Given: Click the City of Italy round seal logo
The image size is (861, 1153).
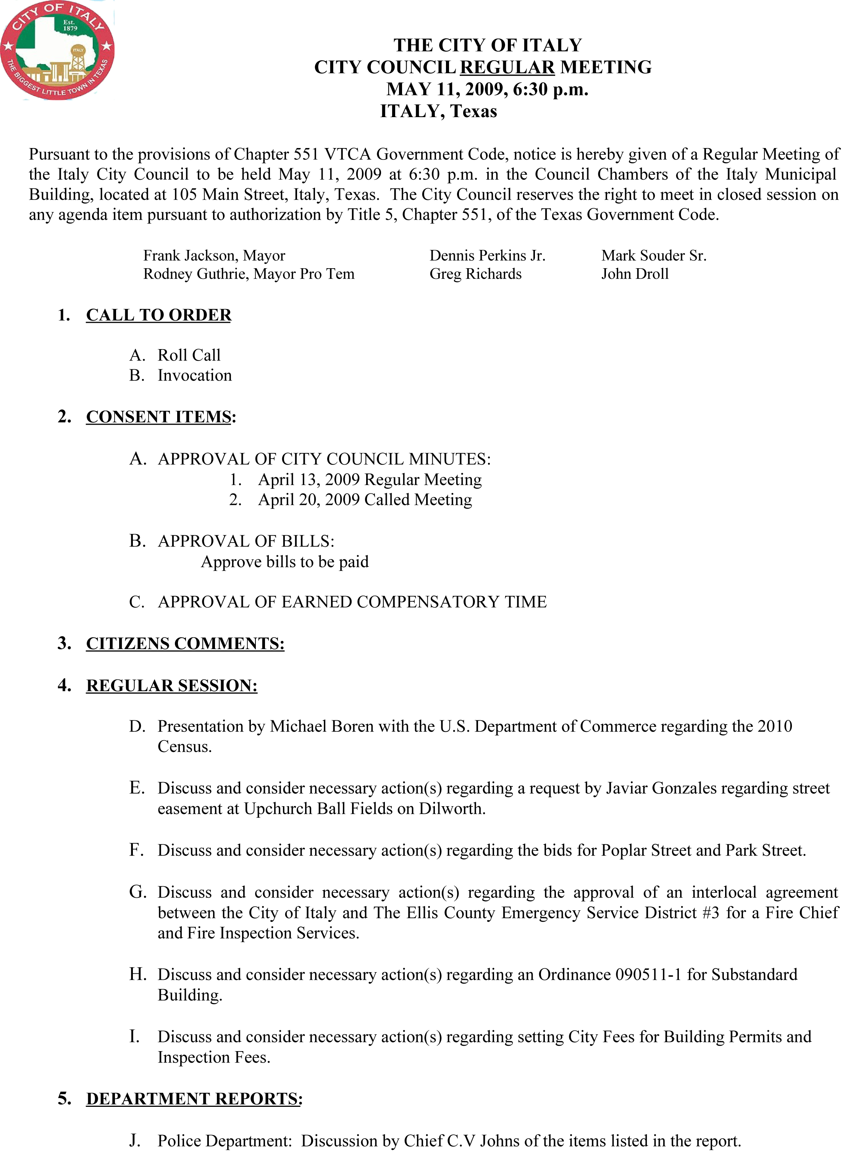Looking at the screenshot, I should tap(57, 50).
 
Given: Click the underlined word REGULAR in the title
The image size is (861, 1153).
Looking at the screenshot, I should tap(507, 67).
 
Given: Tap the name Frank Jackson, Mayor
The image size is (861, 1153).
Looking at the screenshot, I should tap(214, 255).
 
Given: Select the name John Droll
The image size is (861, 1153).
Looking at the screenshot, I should tap(635, 274).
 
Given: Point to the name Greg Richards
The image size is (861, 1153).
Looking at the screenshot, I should tap(475, 274).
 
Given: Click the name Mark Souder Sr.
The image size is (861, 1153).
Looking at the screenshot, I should tap(654, 255).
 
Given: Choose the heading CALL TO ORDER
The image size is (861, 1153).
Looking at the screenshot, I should tap(158, 315).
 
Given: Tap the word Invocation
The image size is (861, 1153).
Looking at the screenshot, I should tap(194, 375).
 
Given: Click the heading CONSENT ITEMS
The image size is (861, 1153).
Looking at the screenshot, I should tap(158, 417).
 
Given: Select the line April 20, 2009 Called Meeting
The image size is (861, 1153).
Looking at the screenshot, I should tap(365, 499).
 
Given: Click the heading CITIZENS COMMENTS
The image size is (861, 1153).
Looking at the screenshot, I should tap(185, 644).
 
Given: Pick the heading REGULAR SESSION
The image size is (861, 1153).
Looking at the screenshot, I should tap(171, 685).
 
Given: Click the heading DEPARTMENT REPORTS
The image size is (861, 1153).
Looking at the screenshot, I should tap(194, 1099).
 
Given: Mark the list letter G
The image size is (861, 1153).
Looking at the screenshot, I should tap(137, 892).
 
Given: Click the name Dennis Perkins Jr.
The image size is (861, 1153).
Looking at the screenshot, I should tap(487, 255).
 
